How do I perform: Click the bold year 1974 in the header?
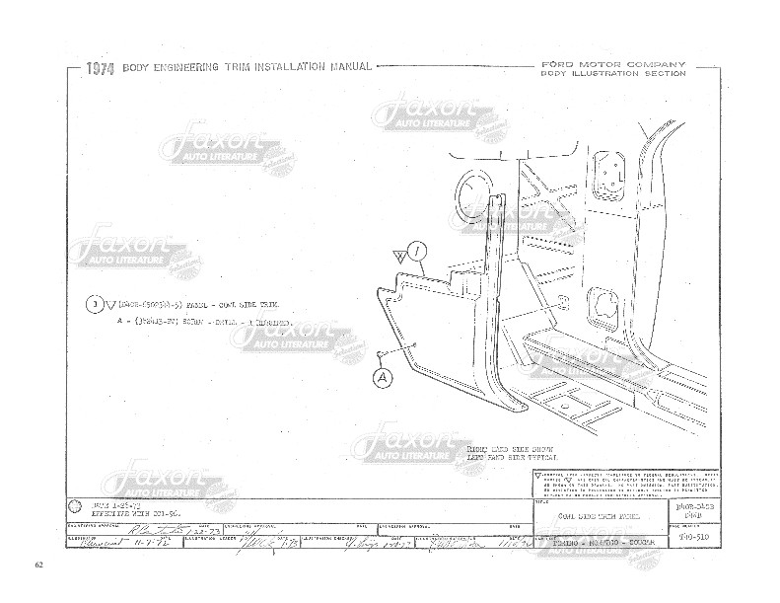tap(101, 69)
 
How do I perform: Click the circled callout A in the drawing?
tap(384, 376)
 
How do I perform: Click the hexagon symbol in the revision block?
tap(76, 505)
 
